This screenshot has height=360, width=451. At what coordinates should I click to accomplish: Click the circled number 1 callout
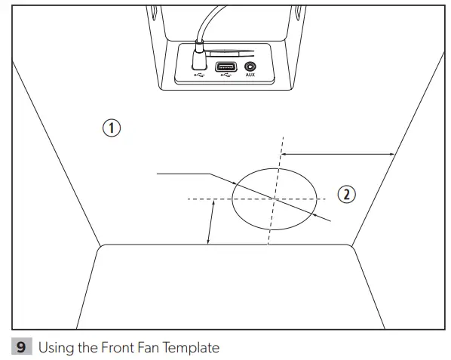click(x=112, y=128)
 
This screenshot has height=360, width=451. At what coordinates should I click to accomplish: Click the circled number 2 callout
click(x=346, y=194)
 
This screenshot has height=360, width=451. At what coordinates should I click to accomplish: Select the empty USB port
click(x=224, y=67)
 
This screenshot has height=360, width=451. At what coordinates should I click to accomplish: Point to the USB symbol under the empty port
click(x=224, y=76)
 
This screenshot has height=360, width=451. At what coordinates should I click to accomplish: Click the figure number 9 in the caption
click(x=22, y=347)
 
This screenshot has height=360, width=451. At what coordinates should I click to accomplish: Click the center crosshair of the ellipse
click(x=275, y=198)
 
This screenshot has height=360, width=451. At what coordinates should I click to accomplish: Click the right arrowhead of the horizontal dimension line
click(x=392, y=154)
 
